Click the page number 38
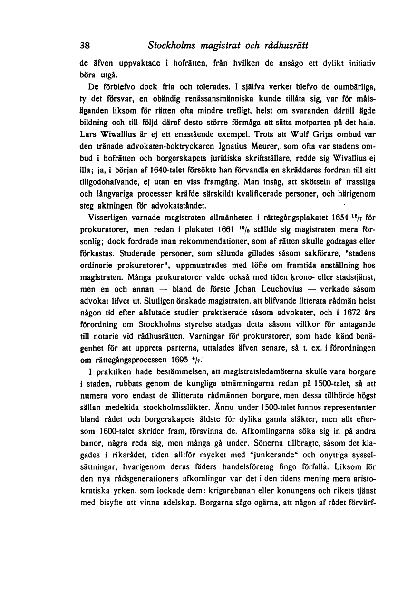[x=85, y=47]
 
